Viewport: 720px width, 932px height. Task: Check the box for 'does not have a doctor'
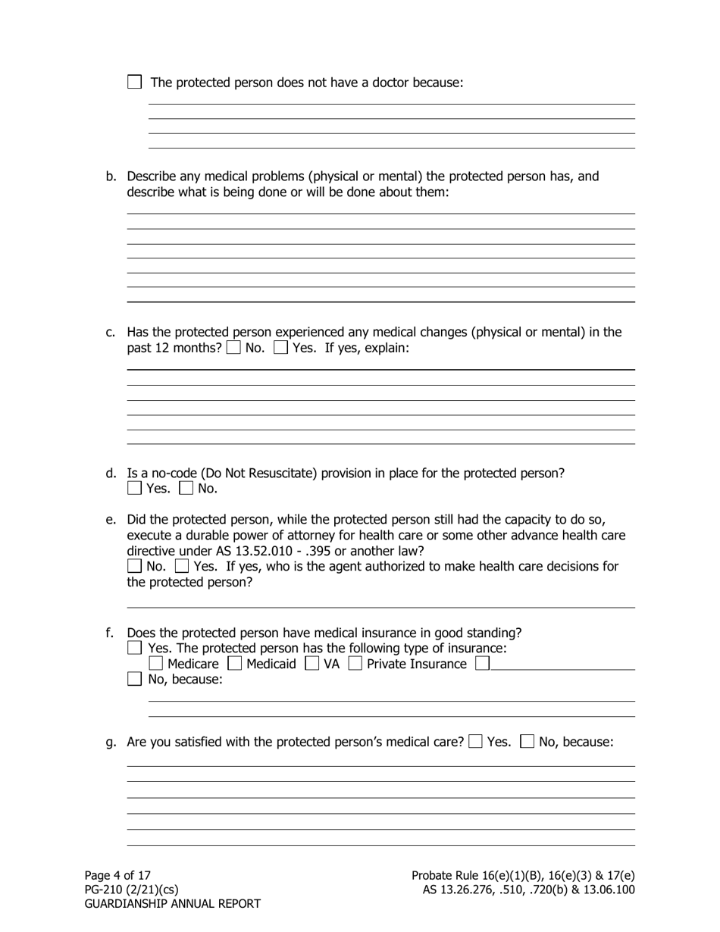pos(134,82)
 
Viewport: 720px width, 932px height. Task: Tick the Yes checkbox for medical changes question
pos(280,349)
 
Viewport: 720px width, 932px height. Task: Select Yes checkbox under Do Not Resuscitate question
pos(134,489)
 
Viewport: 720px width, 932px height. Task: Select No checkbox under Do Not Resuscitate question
pos(186,489)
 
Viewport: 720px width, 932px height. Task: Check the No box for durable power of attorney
pos(134,566)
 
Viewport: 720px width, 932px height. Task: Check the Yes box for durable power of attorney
pos(182,566)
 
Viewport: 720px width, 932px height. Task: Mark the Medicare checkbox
pos(155,664)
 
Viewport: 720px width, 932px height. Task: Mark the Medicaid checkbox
pos(235,664)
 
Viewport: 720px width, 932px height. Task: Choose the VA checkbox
pos(311,664)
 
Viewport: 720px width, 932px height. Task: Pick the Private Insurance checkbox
pos(355,664)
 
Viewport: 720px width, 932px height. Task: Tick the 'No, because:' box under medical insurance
pos(134,679)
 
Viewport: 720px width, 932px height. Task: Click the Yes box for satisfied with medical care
pos(475,742)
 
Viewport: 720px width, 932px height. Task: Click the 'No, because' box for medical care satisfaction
pos(528,742)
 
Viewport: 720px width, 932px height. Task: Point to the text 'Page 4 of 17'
pos(117,875)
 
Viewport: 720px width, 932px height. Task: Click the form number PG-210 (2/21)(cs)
pos(131,890)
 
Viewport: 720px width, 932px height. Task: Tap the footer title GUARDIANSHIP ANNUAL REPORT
pos(172,904)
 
